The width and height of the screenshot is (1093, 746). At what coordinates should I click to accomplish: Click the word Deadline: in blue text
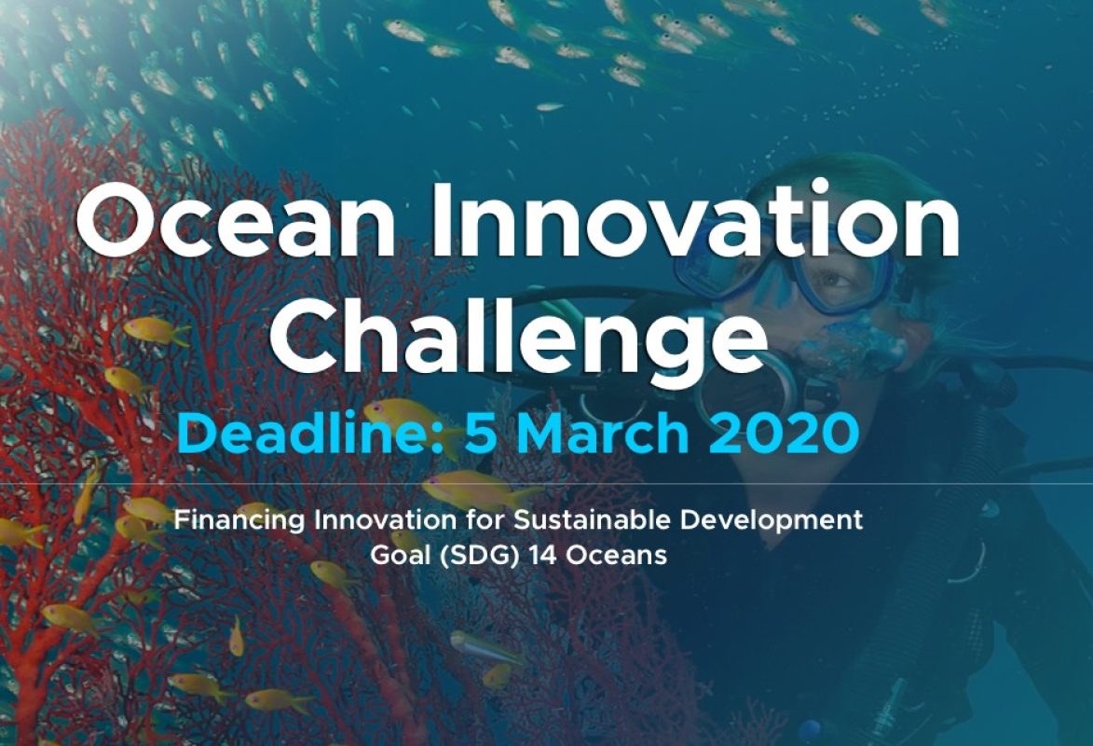pos(311,433)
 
